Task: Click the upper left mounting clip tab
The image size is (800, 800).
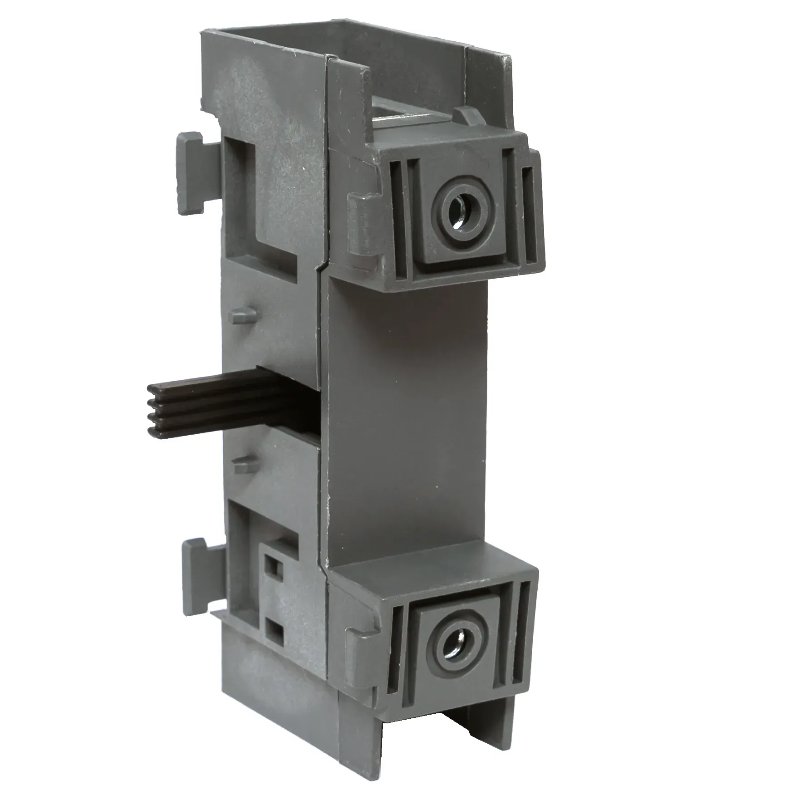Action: coord(191,173)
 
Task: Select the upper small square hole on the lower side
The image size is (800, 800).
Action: coord(274,565)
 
